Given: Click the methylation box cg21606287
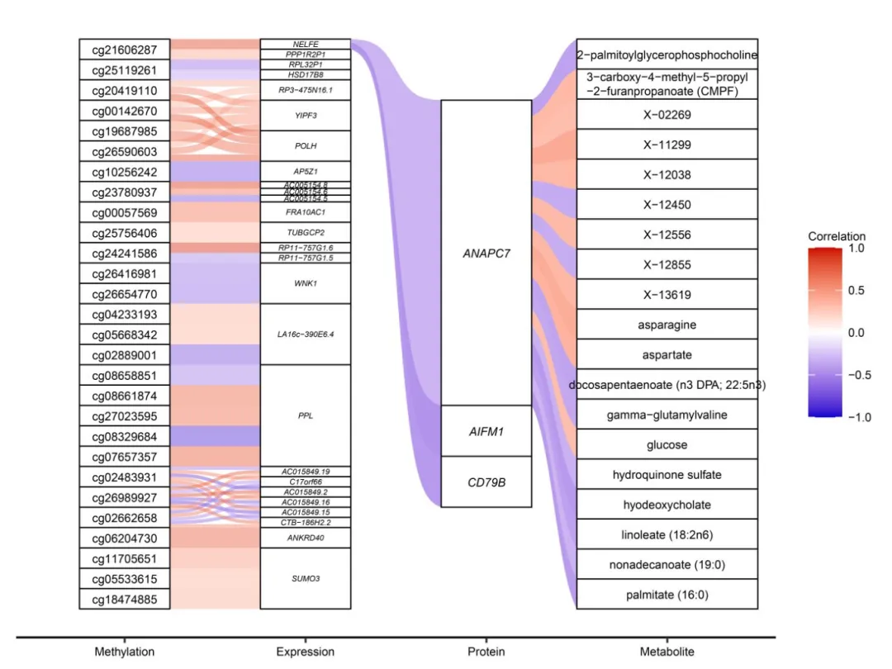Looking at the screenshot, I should (124, 50).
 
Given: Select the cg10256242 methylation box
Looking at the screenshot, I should (124, 172).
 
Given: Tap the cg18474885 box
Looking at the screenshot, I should (124, 599).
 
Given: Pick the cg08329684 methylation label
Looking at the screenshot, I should (124, 436).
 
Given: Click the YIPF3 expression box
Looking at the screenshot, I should (306, 116).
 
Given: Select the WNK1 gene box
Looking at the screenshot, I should (306, 283).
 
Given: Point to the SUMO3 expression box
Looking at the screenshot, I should (306, 578).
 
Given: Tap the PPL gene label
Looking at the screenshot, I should (306, 416).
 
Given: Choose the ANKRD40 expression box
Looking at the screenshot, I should (306, 539).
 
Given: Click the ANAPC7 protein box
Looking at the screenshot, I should (486, 253).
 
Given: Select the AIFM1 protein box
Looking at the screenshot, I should (486, 430).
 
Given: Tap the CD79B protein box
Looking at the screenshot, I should (486, 482).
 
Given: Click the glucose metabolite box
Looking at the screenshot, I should (667, 445).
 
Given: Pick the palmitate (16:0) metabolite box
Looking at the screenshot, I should (667, 595).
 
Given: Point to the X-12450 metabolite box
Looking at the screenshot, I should (667, 205).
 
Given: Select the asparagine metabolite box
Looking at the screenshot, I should (667, 325).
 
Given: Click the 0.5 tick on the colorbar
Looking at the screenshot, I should (856, 291).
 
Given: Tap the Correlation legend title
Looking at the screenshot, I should (837, 236).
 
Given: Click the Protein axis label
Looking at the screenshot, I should (486, 652).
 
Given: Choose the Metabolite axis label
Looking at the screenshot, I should (667, 652).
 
